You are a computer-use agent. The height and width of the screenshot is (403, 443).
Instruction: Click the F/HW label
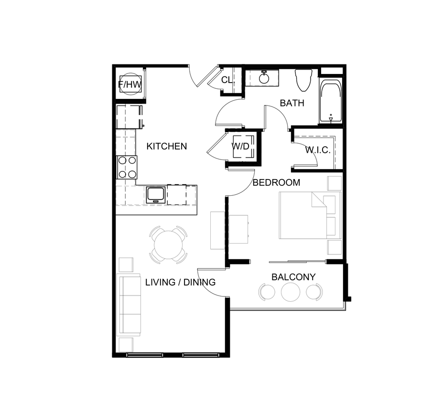(x=130, y=85)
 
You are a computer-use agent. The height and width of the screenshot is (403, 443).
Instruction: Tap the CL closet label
(x=227, y=80)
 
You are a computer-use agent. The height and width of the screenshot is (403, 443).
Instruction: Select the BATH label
(x=292, y=103)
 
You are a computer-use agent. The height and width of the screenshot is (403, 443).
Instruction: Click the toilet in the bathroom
(x=303, y=80)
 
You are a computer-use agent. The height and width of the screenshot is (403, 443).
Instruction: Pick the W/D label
(x=241, y=146)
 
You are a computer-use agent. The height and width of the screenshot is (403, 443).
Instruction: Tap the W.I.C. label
(x=318, y=150)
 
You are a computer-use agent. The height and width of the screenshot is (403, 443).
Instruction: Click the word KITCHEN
(x=166, y=147)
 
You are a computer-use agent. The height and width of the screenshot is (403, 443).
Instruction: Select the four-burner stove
(x=127, y=167)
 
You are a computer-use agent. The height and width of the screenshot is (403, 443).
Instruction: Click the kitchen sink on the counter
(x=156, y=194)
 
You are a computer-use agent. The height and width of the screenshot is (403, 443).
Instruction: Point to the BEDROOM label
(x=276, y=182)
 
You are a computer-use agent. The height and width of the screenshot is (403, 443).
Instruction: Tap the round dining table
(x=168, y=244)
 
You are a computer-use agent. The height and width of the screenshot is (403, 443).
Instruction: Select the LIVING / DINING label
(x=180, y=282)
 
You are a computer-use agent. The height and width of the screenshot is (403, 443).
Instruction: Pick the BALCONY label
(x=293, y=277)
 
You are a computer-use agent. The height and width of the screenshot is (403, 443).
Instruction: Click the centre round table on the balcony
(x=290, y=292)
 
